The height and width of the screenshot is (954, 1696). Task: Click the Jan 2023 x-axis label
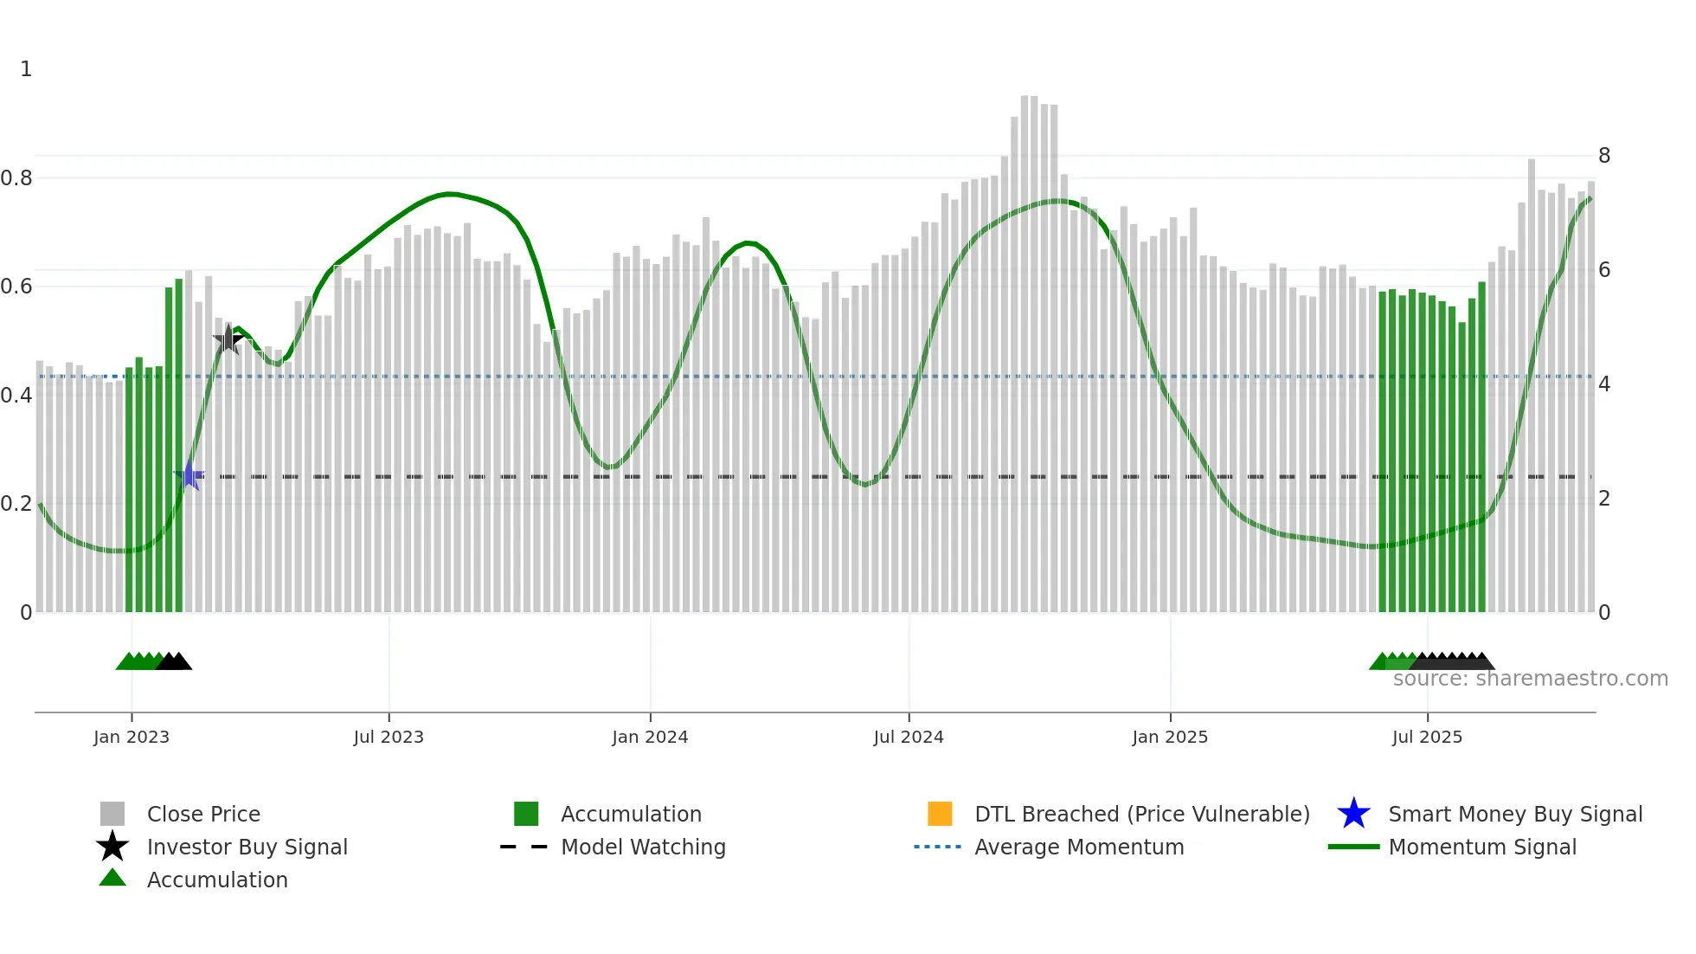tap(132, 738)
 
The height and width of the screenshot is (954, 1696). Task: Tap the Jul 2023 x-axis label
tap(389, 738)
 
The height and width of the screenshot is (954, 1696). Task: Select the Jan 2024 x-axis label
tap(650, 738)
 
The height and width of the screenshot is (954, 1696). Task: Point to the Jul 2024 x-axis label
tap(909, 738)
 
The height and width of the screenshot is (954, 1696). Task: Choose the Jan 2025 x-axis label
tap(1170, 738)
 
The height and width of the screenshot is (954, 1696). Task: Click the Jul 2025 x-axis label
tap(1427, 738)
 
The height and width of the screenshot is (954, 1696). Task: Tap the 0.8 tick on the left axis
tap(16, 178)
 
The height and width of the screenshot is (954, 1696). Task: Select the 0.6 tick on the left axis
tap(16, 287)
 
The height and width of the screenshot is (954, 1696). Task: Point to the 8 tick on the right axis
tap(1604, 156)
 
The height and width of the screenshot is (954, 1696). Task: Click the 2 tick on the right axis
tap(1604, 499)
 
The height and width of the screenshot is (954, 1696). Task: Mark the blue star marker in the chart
tap(190, 476)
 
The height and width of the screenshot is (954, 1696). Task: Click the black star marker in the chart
tap(228, 339)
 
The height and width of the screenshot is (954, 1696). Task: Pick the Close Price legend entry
tap(203, 815)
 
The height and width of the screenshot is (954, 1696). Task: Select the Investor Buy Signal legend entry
tap(247, 848)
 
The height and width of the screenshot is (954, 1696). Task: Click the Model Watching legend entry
tap(643, 848)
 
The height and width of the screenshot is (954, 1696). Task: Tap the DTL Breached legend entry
tap(1141, 815)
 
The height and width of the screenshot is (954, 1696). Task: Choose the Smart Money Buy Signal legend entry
tap(1515, 815)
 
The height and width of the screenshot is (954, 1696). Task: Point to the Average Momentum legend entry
tap(1079, 848)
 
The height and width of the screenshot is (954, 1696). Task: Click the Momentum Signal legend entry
tap(1482, 848)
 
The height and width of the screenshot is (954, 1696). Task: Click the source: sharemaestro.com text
tap(1530, 679)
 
